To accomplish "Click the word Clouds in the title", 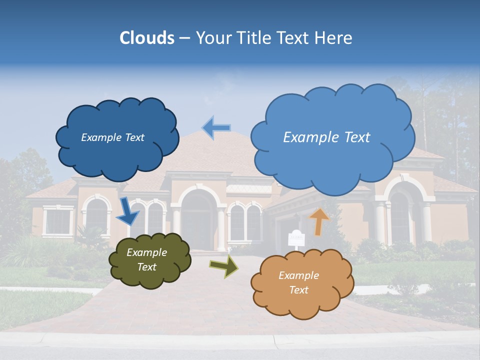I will [147, 38].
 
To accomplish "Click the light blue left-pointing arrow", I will [216, 127].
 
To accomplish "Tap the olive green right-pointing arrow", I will [224, 266].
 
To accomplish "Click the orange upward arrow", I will [318, 221].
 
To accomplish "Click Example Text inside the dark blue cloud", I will [112, 137].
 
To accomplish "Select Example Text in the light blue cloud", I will [326, 137].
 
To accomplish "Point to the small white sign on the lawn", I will [295, 237].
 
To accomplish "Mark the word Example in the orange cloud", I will [298, 275].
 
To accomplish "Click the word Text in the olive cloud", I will [146, 267].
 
